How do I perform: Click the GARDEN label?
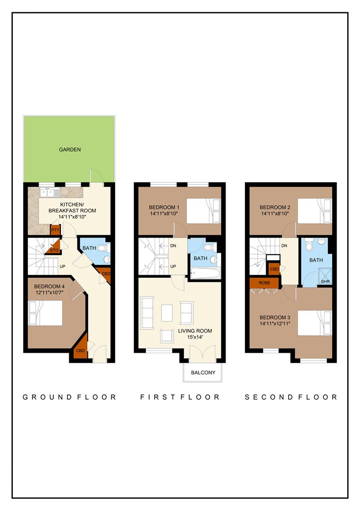click(x=70, y=150)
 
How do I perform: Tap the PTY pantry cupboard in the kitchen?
click(x=55, y=230)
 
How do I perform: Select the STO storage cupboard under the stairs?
click(x=53, y=249)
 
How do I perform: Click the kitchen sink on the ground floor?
click(x=49, y=192)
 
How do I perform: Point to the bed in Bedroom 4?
click(x=46, y=313)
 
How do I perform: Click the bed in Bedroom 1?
click(x=203, y=210)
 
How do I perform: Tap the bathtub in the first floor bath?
click(x=205, y=273)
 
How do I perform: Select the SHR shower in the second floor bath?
click(x=325, y=276)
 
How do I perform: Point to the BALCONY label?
click(x=203, y=373)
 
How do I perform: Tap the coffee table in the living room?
click(x=167, y=312)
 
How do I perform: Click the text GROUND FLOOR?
click(x=69, y=397)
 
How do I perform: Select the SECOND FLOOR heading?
click(x=291, y=397)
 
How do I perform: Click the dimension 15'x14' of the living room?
click(x=195, y=338)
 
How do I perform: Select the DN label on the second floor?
click(x=285, y=246)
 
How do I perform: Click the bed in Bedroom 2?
click(x=314, y=210)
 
